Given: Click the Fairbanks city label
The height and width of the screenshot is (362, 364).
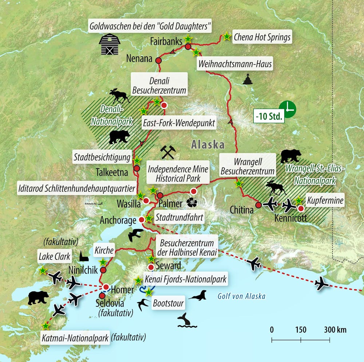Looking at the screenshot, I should pyautogui.click(x=166, y=42).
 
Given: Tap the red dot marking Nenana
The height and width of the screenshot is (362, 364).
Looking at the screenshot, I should pyautogui.click(x=158, y=61).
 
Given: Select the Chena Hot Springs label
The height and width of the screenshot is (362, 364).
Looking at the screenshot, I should pyautogui.click(x=262, y=37).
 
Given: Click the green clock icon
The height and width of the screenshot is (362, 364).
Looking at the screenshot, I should pyautogui.click(x=288, y=109).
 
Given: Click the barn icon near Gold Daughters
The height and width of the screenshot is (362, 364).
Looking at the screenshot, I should pyautogui.click(x=109, y=44).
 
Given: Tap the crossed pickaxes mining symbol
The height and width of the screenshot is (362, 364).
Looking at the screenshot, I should pyautogui.click(x=168, y=152).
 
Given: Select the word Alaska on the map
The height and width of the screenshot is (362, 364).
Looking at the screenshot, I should pyautogui.click(x=208, y=144).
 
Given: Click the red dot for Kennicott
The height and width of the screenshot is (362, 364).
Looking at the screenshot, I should pyautogui.click(x=301, y=208).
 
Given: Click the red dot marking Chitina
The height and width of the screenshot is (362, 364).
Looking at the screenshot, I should pyautogui.click(x=258, y=205).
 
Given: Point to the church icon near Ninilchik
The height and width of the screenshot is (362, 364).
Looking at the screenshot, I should pyautogui.click(x=84, y=256).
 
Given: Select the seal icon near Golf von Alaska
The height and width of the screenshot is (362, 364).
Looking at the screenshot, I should pyautogui.click(x=198, y=295).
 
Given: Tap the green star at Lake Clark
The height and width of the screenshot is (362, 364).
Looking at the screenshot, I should pyautogui.click(x=43, y=270).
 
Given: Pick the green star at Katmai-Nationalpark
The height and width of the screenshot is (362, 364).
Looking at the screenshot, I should pyautogui.click(x=45, y=326).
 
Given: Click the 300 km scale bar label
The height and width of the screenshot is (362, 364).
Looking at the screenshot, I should pyautogui.click(x=335, y=330).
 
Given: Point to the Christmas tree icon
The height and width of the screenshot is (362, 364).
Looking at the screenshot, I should pyautogui.click(x=248, y=79).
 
